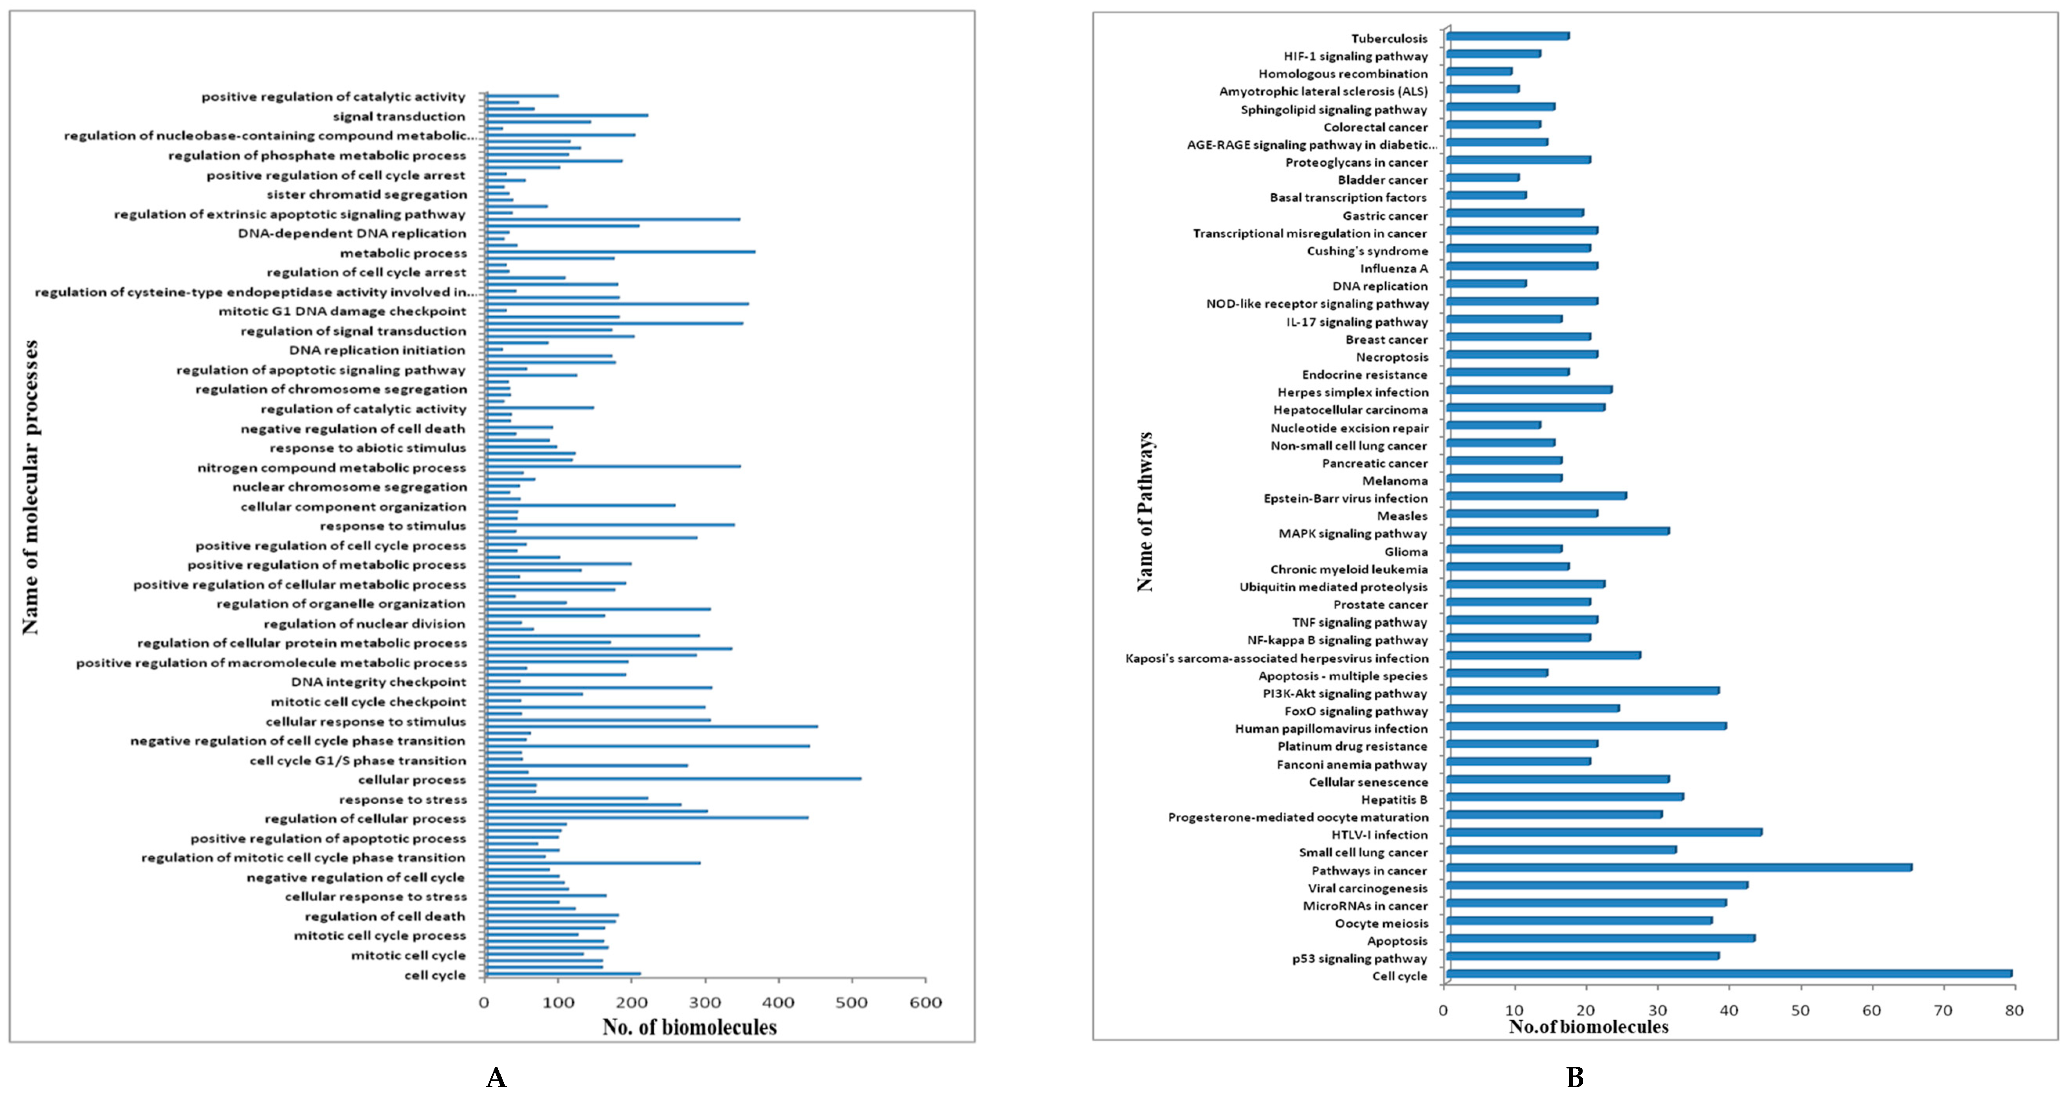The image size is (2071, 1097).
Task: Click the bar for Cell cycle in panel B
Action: pos(1729,973)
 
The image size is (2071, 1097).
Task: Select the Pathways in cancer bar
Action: pos(1679,867)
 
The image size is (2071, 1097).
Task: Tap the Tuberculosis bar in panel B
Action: pos(1507,35)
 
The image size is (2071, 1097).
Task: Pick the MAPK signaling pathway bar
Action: pos(1557,530)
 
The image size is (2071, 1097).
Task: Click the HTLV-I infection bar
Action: pos(1604,832)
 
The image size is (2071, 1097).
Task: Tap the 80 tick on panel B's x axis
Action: pos(2014,1010)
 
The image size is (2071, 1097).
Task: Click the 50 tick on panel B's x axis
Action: pos(1800,1010)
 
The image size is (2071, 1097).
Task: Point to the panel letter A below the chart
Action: pos(496,1077)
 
